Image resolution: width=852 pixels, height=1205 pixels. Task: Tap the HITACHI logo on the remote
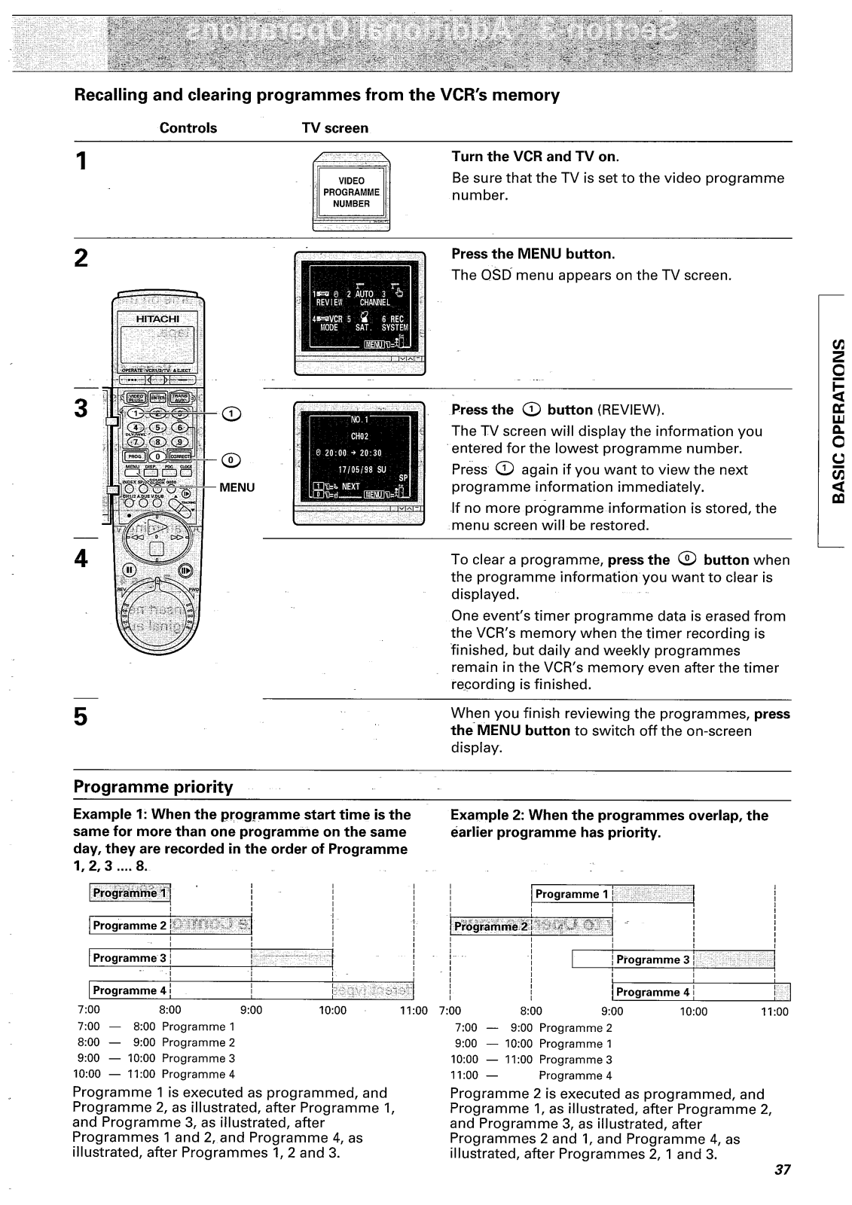tap(157, 319)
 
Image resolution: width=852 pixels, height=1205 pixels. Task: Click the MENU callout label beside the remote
tap(237, 487)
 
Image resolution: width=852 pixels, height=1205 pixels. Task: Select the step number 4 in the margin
tap(81, 558)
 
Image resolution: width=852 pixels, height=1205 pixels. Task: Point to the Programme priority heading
tap(153, 787)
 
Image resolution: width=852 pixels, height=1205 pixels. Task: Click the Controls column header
tap(188, 128)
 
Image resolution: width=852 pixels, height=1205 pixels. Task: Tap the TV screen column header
tap(334, 128)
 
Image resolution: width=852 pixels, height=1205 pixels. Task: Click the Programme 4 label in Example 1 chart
tap(130, 990)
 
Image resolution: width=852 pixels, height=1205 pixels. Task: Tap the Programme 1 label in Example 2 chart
tap(572, 894)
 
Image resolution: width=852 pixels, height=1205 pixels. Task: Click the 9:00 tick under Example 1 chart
tap(250, 1010)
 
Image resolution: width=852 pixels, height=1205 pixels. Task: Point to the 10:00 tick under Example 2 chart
tap(694, 1011)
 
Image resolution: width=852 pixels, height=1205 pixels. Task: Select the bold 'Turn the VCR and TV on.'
tap(535, 157)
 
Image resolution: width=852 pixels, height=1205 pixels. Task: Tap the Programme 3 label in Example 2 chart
tap(653, 959)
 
